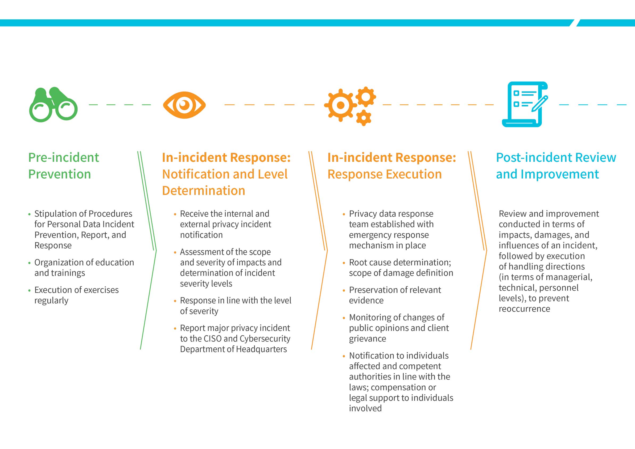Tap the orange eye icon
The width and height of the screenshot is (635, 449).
(x=184, y=105)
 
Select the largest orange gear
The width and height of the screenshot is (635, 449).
(x=340, y=105)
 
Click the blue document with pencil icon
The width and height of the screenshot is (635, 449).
(x=525, y=104)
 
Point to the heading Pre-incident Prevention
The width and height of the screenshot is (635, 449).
(x=63, y=166)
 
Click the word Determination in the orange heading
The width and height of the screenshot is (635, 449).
(x=204, y=191)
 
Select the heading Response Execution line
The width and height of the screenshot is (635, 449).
(x=384, y=174)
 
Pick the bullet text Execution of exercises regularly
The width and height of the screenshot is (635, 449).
(x=76, y=295)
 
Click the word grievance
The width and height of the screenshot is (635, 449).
(x=367, y=339)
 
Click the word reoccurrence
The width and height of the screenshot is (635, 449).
(x=524, y=309)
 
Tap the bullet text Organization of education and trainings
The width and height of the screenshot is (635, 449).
(x=84, y=267)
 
